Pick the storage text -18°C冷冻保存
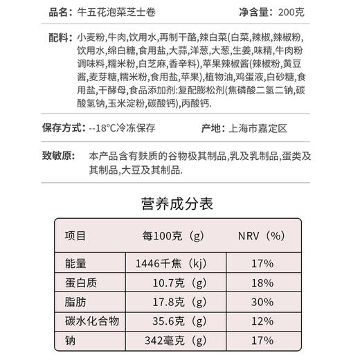[126, 129]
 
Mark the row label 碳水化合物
[92, 321]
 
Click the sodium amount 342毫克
[164, 341]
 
